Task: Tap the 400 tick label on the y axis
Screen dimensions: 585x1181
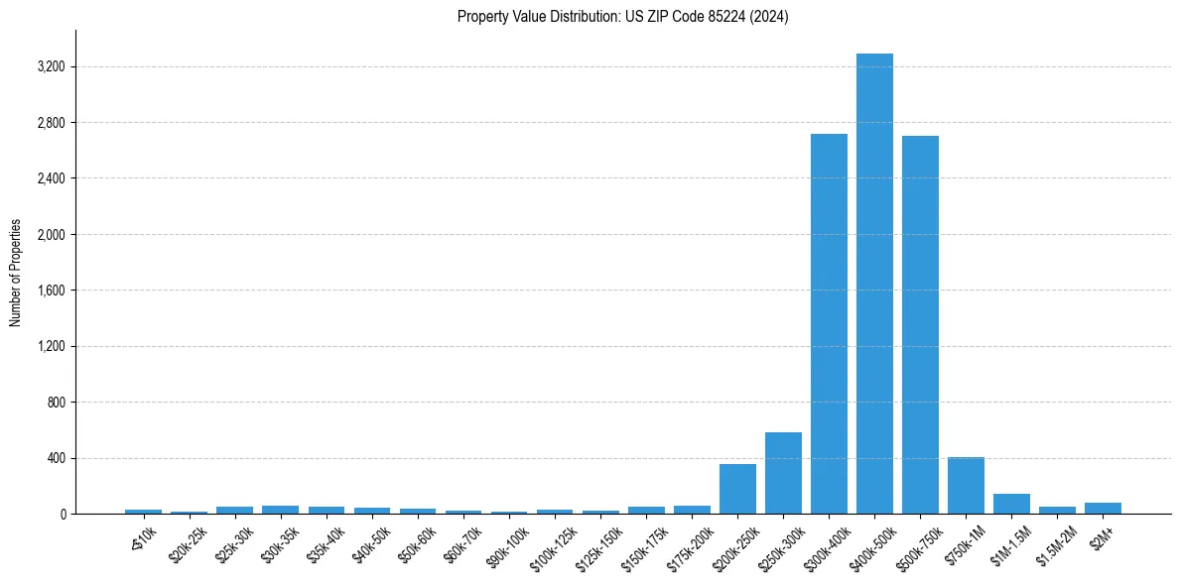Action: pyautogui.click(x=55, y=458)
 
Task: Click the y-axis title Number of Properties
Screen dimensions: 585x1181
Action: pyautogui.click(x=15, y=273)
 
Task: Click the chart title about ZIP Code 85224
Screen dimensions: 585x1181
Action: pyautogui.click(x=622, y=17)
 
